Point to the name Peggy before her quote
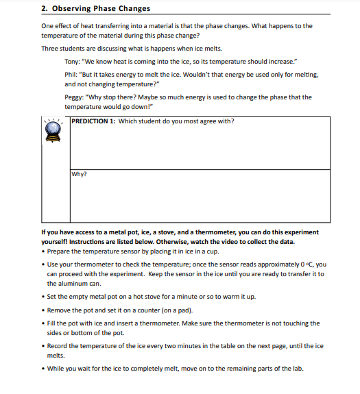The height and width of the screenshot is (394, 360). pyautogui.click(x=74, y=97)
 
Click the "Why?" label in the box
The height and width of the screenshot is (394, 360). pyautogui.click(x=79, y=174)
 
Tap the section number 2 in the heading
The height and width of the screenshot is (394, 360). pyautogui.click(x=44, y=9)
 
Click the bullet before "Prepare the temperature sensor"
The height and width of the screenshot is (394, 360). pyautogui.click(x=43, y=251)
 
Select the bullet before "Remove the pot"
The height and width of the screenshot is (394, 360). pyautogui.click(x=43, y=310)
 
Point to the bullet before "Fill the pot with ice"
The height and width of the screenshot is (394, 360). pyautogui.click(x=43, y=323)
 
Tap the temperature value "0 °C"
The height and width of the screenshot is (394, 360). pyautogui.click(x=309, y=264)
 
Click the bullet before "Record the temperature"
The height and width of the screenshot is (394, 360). pyautogui.click(x=43, y=346)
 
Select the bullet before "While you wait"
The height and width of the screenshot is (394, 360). pyautogui.click(x=43, y=369)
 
